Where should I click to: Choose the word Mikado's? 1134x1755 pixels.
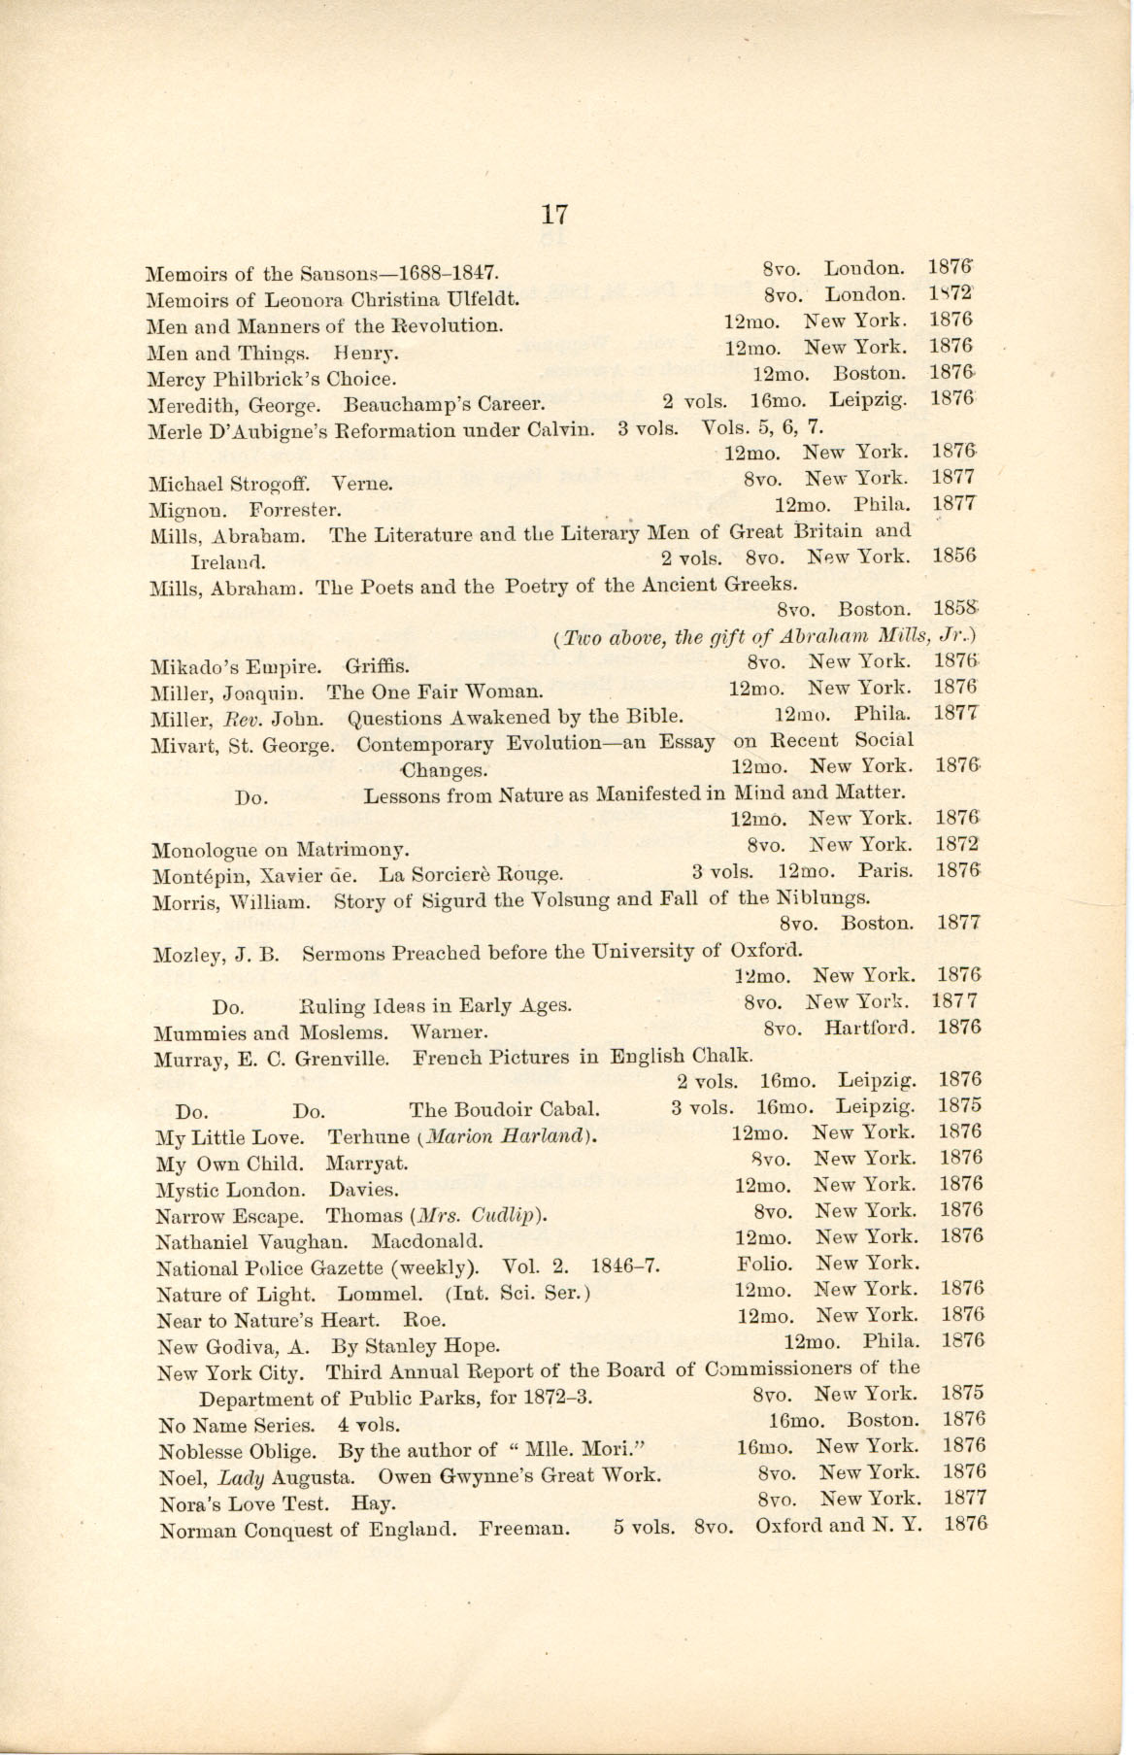tap(198, 667)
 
